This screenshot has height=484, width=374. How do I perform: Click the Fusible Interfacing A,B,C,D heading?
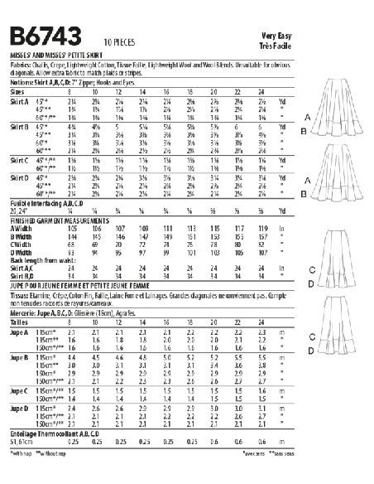49,203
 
